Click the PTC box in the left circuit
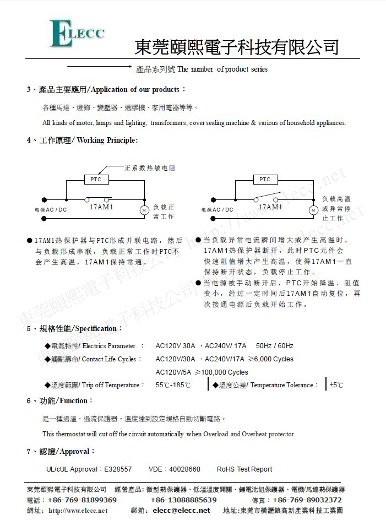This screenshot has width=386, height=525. (96, 179)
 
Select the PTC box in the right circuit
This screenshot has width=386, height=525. (265, 179)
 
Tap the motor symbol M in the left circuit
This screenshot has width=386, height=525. (144, 210)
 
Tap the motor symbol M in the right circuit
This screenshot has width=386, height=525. (313, 210)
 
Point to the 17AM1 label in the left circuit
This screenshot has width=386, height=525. (101, 207)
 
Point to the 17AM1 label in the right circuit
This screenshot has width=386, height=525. (270, 207)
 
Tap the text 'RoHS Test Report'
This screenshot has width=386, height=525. (244, 469)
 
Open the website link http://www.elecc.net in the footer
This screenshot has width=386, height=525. (78, 511)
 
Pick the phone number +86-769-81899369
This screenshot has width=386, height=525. (82, 500)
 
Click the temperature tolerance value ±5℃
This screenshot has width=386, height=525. (336, 385)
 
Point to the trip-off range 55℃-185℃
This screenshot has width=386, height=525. (173, 385)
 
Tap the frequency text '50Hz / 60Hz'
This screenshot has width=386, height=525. (274, 346)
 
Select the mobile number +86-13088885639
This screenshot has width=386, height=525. (183, 500)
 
